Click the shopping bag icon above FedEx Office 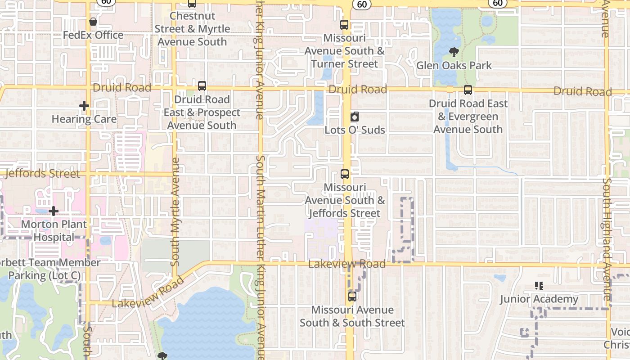click(x=93, y=22)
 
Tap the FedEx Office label click(x=93, y=35)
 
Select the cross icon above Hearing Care click(x=84, y=106)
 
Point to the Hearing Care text click(x=84, y=119)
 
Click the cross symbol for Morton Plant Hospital click(x=54, y=211)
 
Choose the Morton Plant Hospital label click(x=54, y=230)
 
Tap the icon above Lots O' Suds click(x=355, y=117)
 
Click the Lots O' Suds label click(x=355, y=130)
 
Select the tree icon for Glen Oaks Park click(x=454, y=53)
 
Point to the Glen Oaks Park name click(x=454, y=66)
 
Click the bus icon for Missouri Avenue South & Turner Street click(x=344, y=25)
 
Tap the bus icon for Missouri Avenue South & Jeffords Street click(x=345, y=174)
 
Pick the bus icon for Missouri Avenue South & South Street click(x=352, y=297)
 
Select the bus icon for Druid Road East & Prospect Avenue click(x=202, y=86)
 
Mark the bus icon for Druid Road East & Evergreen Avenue click(x=468, y=90)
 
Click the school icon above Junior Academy click(x=539, y=286)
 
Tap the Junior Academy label click(x=539, y=299)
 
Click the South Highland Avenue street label click(x=607, y=238)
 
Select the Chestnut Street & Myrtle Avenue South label click(x=192, y=29)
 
